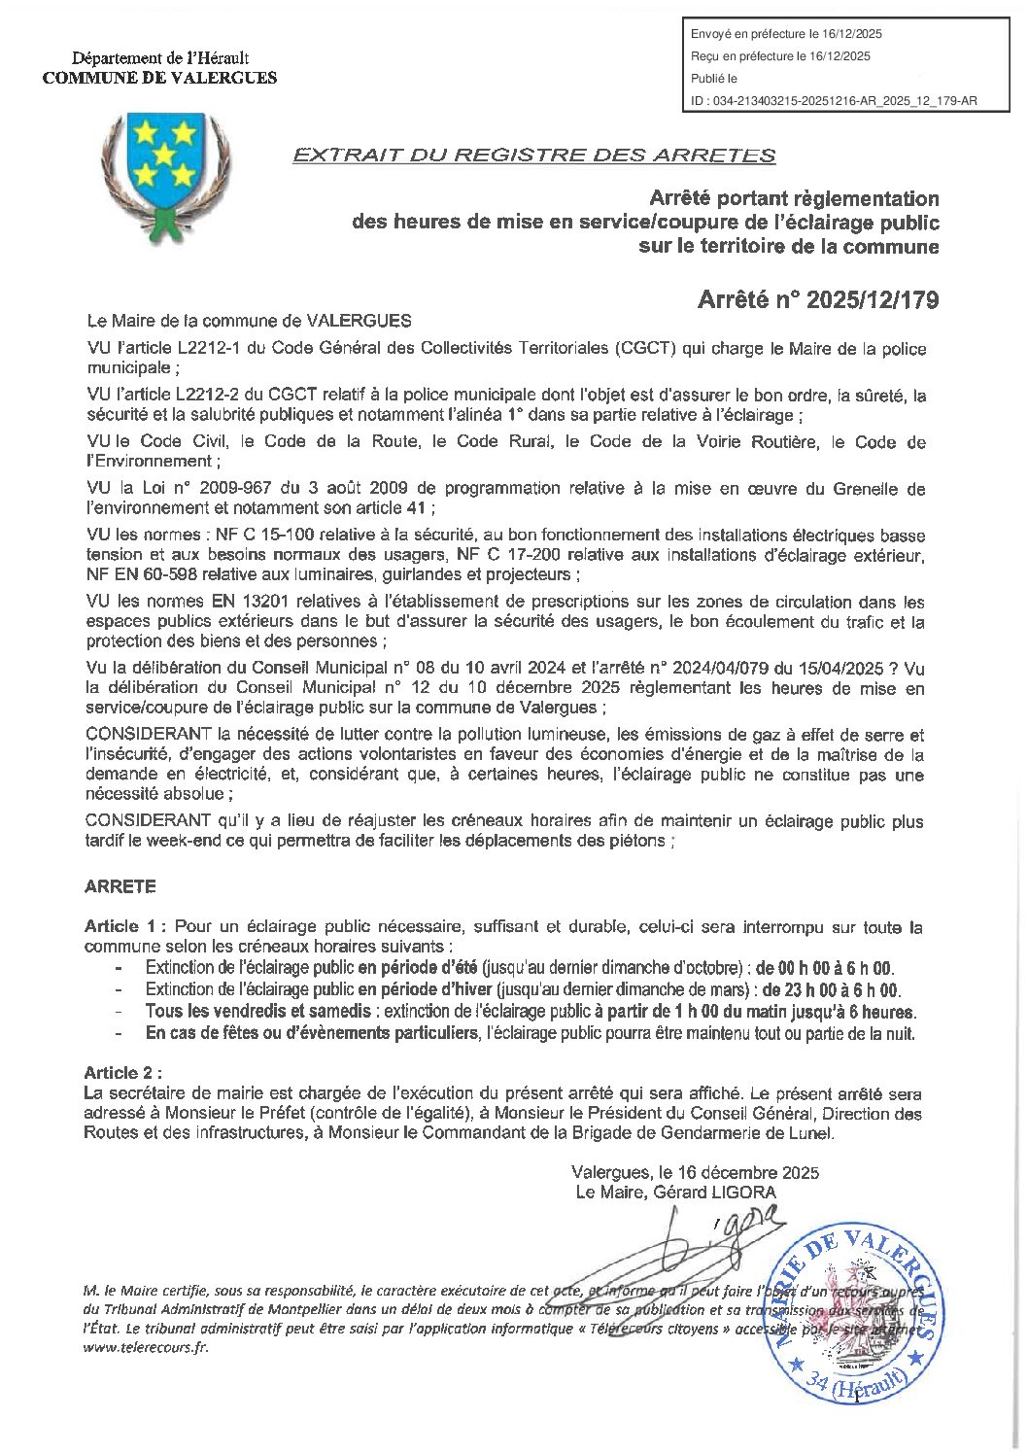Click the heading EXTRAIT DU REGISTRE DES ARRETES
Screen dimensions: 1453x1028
coord(534,156)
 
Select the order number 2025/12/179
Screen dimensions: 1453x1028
coord(855,299)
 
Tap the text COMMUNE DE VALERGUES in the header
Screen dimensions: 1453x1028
coord(159,78)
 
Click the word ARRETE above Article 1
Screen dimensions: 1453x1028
coord(120,886)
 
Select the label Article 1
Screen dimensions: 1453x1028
coord(125,926)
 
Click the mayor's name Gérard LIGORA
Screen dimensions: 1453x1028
coord(714,1192)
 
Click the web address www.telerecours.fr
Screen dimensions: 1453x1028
coord(146,1347)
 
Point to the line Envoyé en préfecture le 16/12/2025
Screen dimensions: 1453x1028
coord(787,34)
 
